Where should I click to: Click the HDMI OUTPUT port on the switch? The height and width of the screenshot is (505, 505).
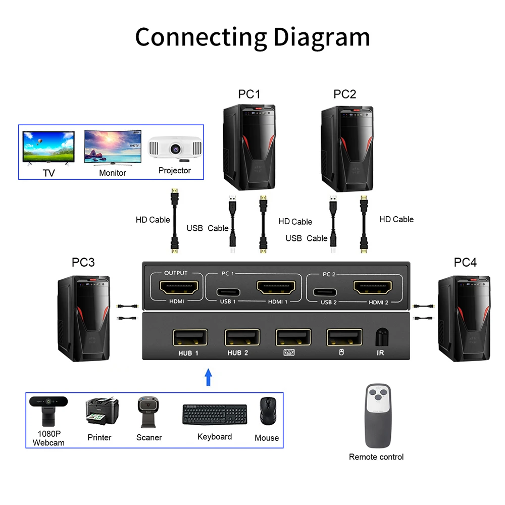click(175, 288)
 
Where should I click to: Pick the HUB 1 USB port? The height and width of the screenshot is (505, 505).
click(189, 337)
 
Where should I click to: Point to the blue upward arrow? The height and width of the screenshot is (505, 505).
click(208, 377)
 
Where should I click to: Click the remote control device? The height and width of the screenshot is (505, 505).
click(377, 416)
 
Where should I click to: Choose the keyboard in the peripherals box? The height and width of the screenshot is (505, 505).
click(215, 414)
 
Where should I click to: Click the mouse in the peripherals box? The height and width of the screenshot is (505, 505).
click(267, 411)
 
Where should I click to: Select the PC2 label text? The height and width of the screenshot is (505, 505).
click(345, 94)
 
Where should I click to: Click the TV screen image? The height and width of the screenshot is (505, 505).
click(48, 146)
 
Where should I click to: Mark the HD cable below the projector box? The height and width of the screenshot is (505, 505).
click(174, 220)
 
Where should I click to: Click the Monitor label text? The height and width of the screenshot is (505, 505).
click(113, 173)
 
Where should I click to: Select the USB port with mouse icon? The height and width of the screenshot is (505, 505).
click(344, 337)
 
